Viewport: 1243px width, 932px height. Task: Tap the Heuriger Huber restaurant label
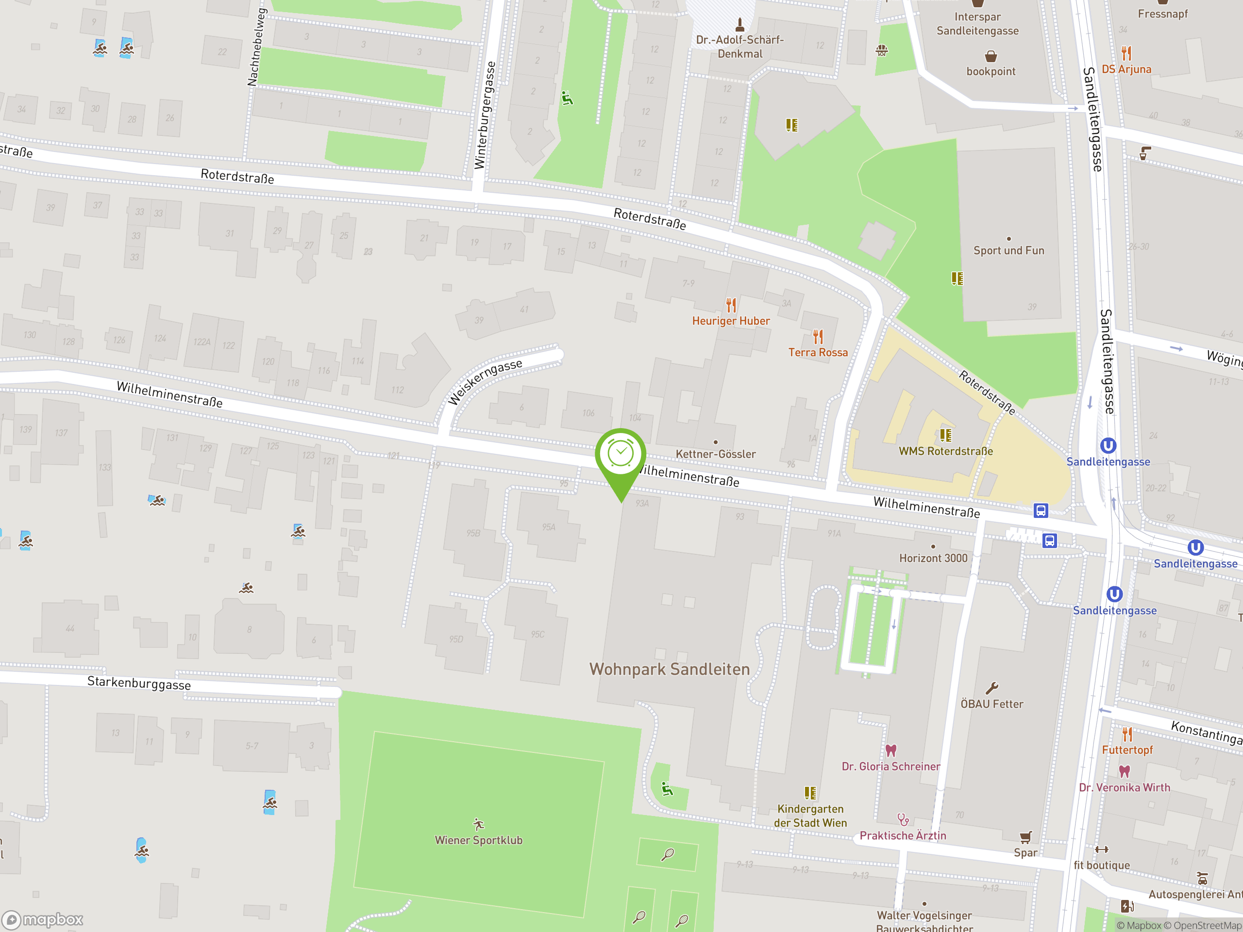731,321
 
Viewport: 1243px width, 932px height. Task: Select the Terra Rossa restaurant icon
818,336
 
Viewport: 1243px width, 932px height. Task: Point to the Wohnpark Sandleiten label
669,669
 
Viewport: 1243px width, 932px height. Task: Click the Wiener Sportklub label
478,840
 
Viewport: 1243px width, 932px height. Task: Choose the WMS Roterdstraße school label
945,451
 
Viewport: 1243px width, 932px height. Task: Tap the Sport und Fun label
1008,250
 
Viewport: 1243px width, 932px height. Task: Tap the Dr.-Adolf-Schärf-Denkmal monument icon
739,25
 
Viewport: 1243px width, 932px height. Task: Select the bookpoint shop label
991,71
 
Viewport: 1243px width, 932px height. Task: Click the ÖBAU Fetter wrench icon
992,688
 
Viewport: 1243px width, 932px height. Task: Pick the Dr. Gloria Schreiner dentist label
890,766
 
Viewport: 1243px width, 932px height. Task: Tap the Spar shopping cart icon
1025,837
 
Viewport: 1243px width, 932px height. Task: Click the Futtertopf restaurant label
1127,750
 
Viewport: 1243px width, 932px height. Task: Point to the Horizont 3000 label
933,558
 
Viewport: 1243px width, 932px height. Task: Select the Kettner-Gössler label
715,454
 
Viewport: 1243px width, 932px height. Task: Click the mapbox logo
43,920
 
